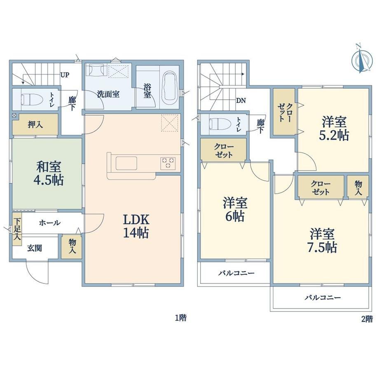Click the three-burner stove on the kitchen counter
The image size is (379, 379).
tap(168, 162)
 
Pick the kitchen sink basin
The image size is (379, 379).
tap(126, 163)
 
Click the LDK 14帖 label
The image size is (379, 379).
tap(136, 226)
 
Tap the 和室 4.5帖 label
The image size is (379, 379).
tap(48, 173)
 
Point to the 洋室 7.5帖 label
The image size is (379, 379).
tap(323, 241)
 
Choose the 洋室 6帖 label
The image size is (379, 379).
tap(235, 209)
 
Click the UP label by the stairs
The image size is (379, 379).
tap(65, 75)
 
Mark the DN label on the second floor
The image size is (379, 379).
tap(241, 101)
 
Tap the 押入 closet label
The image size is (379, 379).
tap(35, 125)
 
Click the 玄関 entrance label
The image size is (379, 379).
tap(35, 248)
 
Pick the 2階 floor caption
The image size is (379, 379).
tap(367, 319)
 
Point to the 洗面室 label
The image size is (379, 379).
tap(108, 94)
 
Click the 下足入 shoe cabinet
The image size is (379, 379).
tap(17, 229)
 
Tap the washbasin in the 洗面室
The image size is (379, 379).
tap(96, 70)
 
